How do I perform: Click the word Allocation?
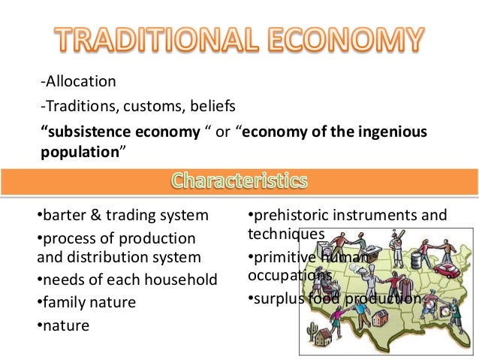79,80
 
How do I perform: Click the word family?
62,303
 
